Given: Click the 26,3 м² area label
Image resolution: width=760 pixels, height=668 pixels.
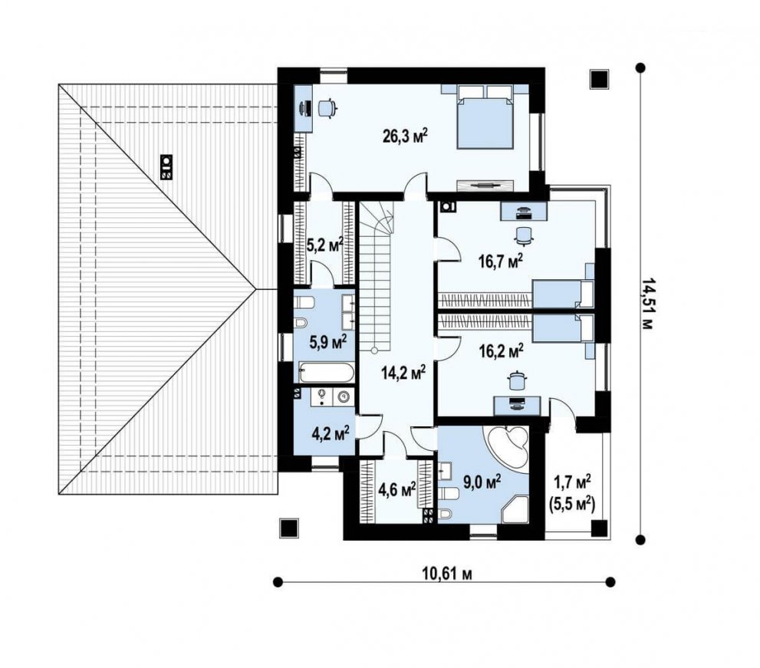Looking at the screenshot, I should point(405,137).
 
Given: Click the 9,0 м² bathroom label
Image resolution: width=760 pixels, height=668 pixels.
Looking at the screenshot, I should point(482,482).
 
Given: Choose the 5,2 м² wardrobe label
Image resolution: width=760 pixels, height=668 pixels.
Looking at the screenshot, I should point(324,245).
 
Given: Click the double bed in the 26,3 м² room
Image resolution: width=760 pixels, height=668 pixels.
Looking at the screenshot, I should point(485,117).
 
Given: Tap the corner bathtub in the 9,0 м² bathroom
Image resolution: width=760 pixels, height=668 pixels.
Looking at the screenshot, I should point(507,445).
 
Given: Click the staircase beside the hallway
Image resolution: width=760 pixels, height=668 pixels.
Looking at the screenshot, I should point(378,284).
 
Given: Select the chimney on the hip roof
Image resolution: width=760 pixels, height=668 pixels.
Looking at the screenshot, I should point(166,166).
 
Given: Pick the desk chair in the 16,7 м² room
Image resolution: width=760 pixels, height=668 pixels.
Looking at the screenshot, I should point(523,235).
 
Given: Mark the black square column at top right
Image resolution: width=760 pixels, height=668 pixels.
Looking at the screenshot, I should point(599,79).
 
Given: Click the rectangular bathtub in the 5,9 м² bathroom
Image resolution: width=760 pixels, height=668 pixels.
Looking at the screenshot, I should point(325,374).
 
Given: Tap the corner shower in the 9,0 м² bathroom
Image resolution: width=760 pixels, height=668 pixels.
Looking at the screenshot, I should point(515,508).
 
